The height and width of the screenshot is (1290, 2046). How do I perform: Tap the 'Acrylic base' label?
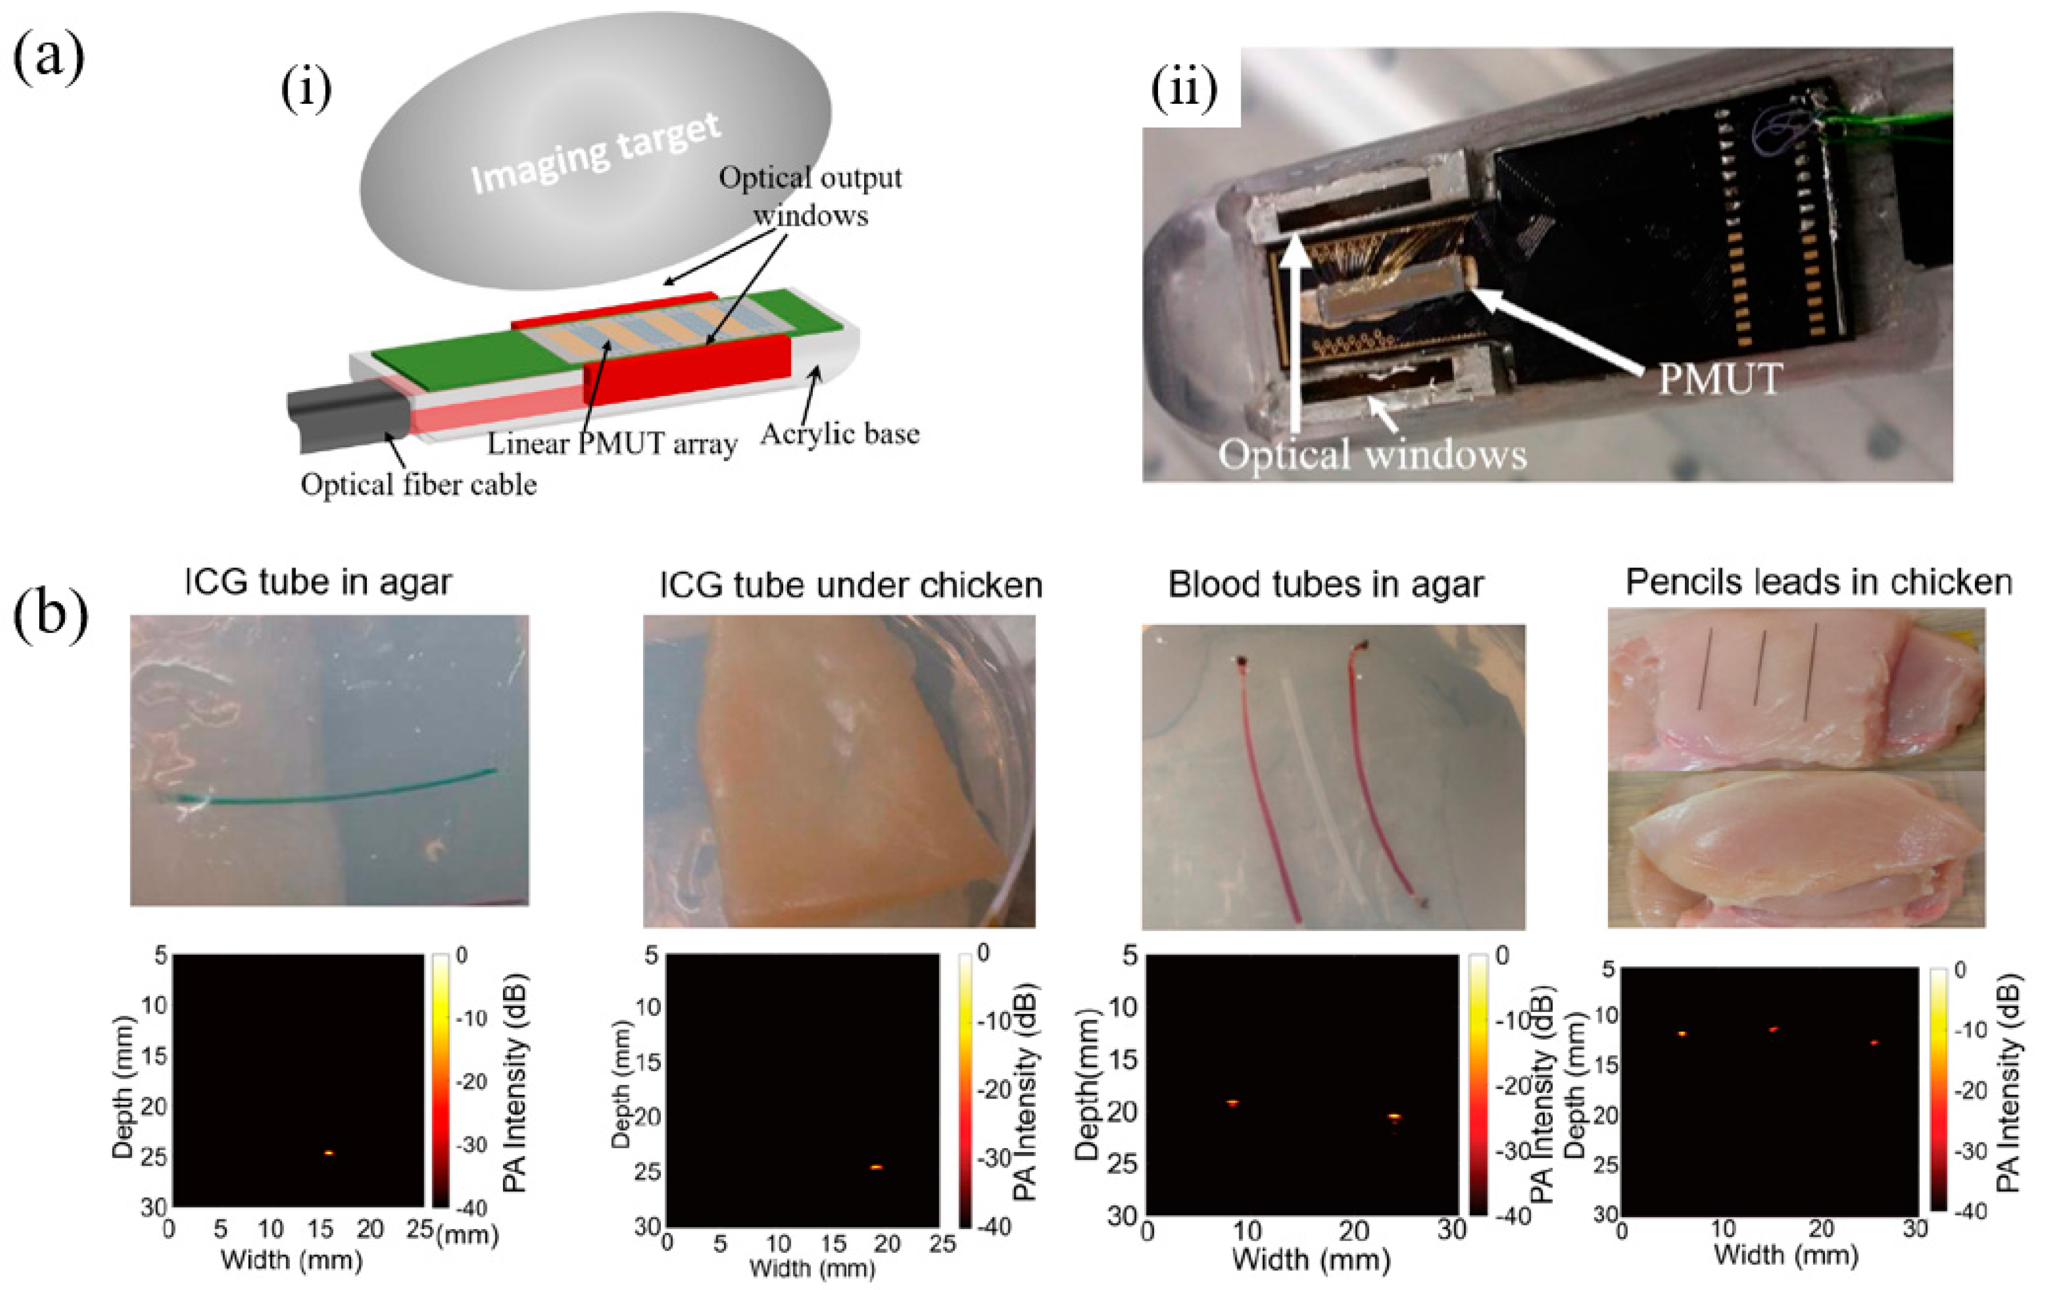(840, 434)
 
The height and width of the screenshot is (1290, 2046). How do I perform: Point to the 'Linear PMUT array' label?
(612, 444)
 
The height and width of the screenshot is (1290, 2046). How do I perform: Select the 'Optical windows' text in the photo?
(1372, 454)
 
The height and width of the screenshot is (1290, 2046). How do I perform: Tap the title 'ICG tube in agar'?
(318, 583)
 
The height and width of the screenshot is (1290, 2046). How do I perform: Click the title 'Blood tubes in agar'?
(1325, 585)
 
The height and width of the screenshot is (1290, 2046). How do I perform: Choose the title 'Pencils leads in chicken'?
(1818, 583)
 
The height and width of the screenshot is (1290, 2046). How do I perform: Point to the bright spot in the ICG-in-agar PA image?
(329, 1153)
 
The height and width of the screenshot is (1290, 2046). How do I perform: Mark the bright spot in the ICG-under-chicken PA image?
(877, 1167)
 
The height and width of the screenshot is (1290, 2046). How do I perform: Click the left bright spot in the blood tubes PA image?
(1233, 1103)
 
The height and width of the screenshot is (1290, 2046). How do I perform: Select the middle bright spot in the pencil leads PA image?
(1773, 1029)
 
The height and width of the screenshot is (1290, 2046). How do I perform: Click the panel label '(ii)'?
(1184, 88)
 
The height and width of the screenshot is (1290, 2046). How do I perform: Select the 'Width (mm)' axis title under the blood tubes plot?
(1311, 1259)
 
